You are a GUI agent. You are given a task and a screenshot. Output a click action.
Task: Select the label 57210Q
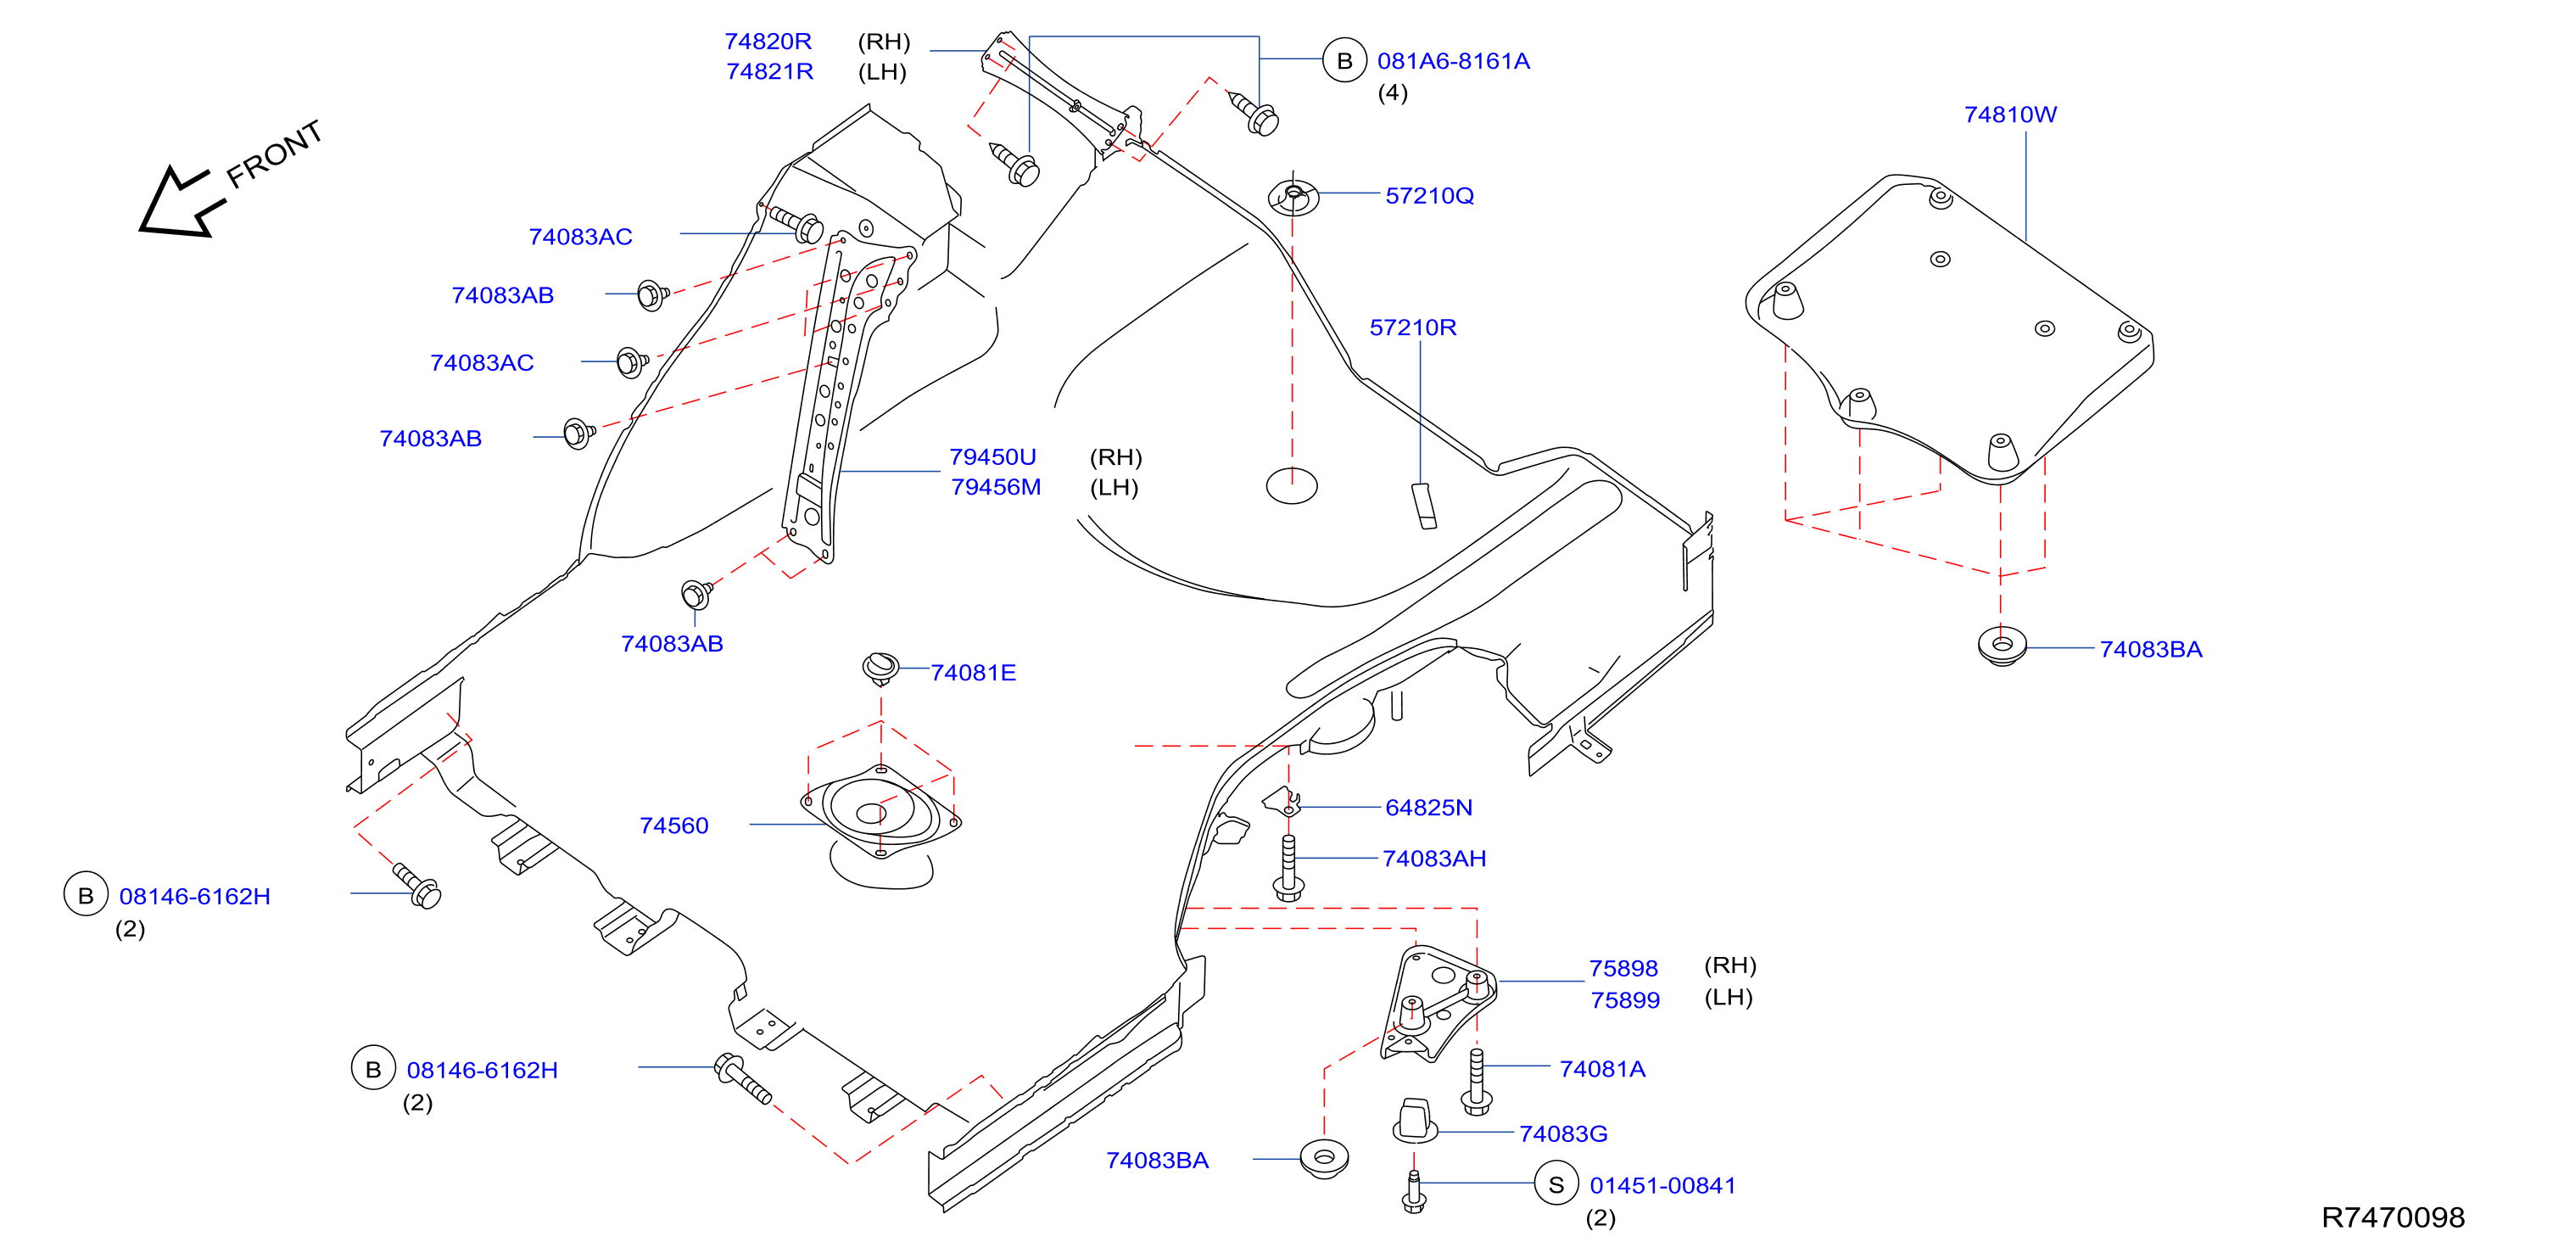pos(1429,196)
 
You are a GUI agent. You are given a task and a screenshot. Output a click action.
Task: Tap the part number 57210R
pos(1412,327)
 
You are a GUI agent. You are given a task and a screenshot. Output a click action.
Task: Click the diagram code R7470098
pos(2393,1217)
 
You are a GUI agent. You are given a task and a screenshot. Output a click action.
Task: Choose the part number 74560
pos(673,826)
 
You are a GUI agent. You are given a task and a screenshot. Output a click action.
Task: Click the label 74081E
pos(973,673)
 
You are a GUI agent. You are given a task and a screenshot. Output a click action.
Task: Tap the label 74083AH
pos(1433,859)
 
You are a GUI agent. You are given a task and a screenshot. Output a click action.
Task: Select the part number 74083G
pos(1562,1133)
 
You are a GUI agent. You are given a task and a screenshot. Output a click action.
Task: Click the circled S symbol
pos(1556,1184)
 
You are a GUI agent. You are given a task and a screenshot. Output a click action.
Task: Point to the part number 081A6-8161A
pos(1453,62)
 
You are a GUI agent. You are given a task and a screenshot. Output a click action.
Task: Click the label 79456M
pos(996,488)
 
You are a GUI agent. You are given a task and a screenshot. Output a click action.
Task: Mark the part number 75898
pos(1623,968)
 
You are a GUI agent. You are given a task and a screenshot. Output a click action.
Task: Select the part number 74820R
pos(768,42)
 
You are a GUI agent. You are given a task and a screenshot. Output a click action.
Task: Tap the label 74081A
pos(1601,1069)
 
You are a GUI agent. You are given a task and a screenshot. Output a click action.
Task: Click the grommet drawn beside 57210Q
pos(1293,197)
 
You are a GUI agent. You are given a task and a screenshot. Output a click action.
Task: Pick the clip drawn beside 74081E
pos(880,668)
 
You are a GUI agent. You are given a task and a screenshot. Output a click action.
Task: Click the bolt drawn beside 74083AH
pos(1289,868)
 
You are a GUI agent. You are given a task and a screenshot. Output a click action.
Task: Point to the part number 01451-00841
pos(1662,1185)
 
